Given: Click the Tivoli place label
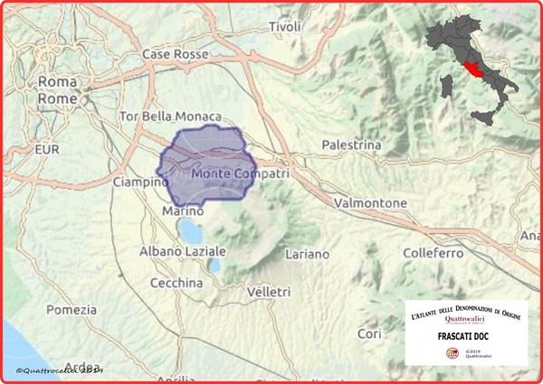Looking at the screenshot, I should click(x=284, y=28).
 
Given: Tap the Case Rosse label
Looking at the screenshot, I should click(x=176, y=55).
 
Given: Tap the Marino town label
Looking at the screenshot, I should click(x=177, y=211).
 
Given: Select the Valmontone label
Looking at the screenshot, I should click(x=369, y=203).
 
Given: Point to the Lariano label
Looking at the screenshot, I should click(x=309, y=255).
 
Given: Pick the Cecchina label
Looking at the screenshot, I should click(x=176, y=283).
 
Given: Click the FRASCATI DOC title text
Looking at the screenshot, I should click(x=466, y=335).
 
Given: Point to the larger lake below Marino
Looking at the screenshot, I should click(x=189, y=230).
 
